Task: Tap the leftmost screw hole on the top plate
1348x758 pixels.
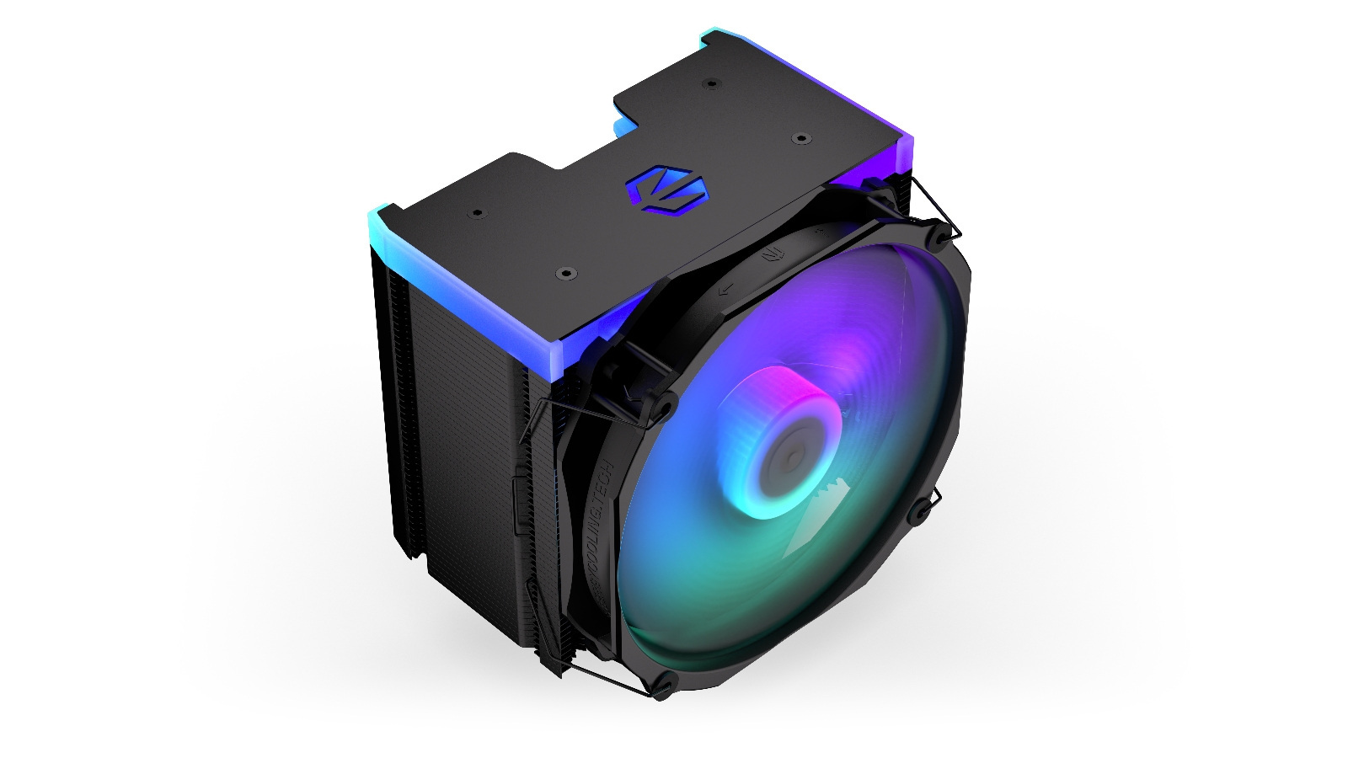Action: point(476,213)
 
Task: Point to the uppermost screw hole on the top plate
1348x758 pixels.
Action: point(712,83)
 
